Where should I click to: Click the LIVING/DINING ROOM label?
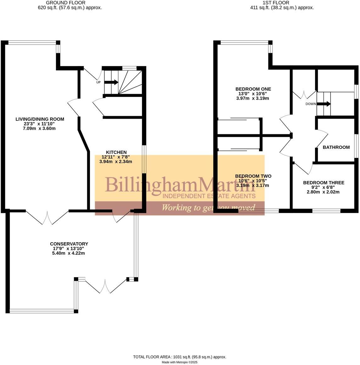coord(40,119)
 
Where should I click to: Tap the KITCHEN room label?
coord(116,152)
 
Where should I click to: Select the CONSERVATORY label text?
coord(69,244)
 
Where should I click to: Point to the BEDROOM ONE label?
coord(253,89)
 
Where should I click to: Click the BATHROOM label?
coord(336,147)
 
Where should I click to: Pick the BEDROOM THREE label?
coord(323,182)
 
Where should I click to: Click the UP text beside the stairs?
coord(98,82)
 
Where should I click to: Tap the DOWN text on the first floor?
coord(311,104)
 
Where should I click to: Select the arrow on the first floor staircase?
coord(324,104)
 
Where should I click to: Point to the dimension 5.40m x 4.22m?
coord(69,253)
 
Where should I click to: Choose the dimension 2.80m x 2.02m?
coord(323,192)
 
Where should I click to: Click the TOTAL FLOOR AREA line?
coord(180,357)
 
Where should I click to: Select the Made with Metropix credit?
coord(180,362)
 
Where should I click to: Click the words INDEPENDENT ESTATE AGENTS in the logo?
coord(209,196)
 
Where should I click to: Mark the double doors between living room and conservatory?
coord(47,217)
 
